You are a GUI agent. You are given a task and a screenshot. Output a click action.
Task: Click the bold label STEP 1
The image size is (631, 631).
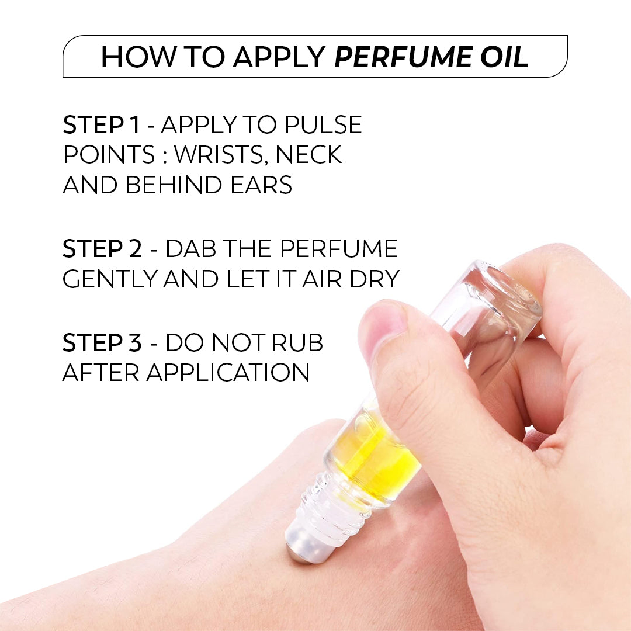coord(101,125)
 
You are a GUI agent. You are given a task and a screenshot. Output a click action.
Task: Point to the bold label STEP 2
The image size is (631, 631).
coord(102,248)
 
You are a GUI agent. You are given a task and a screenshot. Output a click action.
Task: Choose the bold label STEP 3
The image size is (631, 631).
coord(102,343)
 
